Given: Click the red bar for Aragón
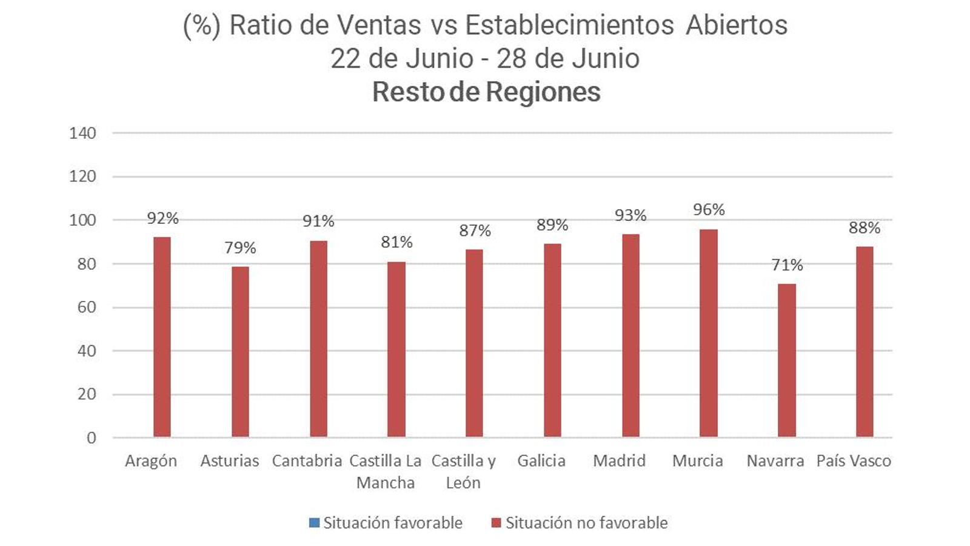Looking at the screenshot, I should point(162,337).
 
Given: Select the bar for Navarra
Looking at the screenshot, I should point(786,360).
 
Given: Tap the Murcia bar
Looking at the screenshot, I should point(708,333).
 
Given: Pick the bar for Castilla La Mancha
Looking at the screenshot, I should point(396,349).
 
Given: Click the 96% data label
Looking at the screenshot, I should point(709,210).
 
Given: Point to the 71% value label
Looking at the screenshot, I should point(786,265).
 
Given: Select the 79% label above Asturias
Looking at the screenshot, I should point(240,248).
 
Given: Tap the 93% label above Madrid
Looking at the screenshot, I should point(630,215).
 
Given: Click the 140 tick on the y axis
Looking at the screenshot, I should point(82,133).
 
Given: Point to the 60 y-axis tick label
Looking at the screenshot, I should point(87,308).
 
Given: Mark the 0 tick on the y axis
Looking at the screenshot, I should point(91,438).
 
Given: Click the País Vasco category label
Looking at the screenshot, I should point(854,461).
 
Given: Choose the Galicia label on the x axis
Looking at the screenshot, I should point(541,461).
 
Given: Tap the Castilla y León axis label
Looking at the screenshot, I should point(463,471).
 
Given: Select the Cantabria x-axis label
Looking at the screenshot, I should point(307,461).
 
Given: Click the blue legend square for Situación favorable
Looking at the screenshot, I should point(314,523).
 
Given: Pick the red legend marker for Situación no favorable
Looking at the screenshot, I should point(497,523).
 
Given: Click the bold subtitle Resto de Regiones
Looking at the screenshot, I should point(486,92).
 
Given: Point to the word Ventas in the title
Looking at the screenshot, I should point(379,25).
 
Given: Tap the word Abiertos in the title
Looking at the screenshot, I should point(737,25).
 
